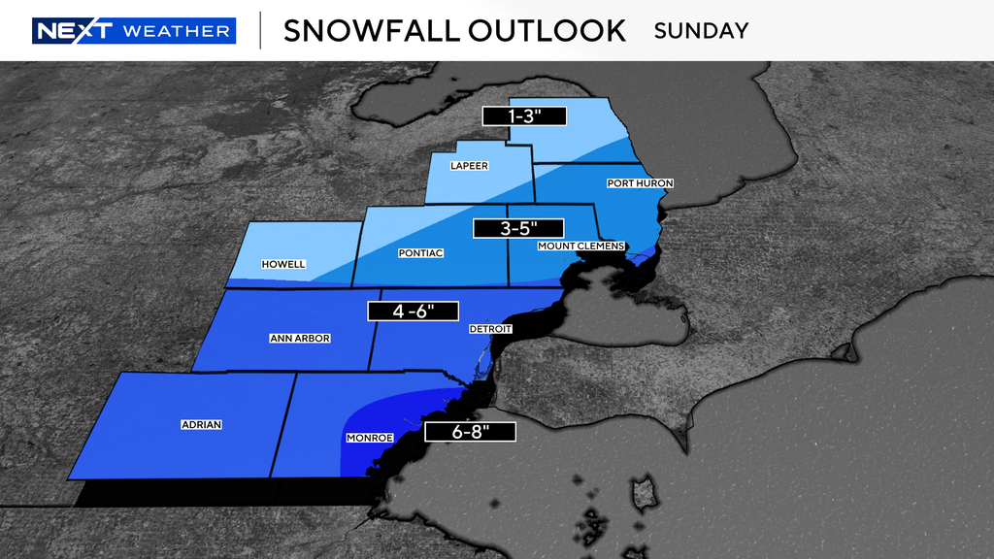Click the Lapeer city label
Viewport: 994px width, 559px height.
tap(469, 166)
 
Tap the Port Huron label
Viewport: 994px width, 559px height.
tap(640, 183)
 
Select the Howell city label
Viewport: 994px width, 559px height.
tap(283, 264)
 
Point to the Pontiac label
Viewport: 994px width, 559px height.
tap(420, 253)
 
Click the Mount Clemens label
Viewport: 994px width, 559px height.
tap(580, 246)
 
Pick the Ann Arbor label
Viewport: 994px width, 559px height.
tap(300, 339)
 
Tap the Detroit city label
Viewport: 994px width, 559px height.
tap(490, 329)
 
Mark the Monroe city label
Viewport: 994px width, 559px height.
tap(369, 439)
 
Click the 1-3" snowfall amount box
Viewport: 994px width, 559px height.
tap(523, 115)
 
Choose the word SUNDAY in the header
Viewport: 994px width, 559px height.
tap(701, 30)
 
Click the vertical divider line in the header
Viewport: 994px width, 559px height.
tap(259, 30)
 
